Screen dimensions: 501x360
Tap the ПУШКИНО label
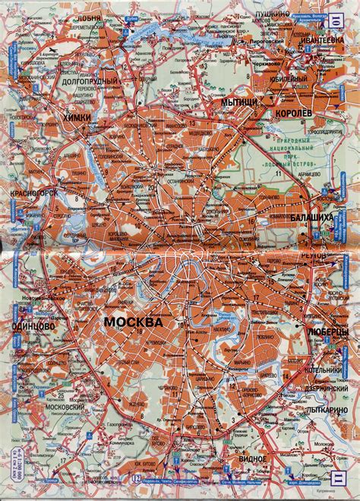274,14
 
